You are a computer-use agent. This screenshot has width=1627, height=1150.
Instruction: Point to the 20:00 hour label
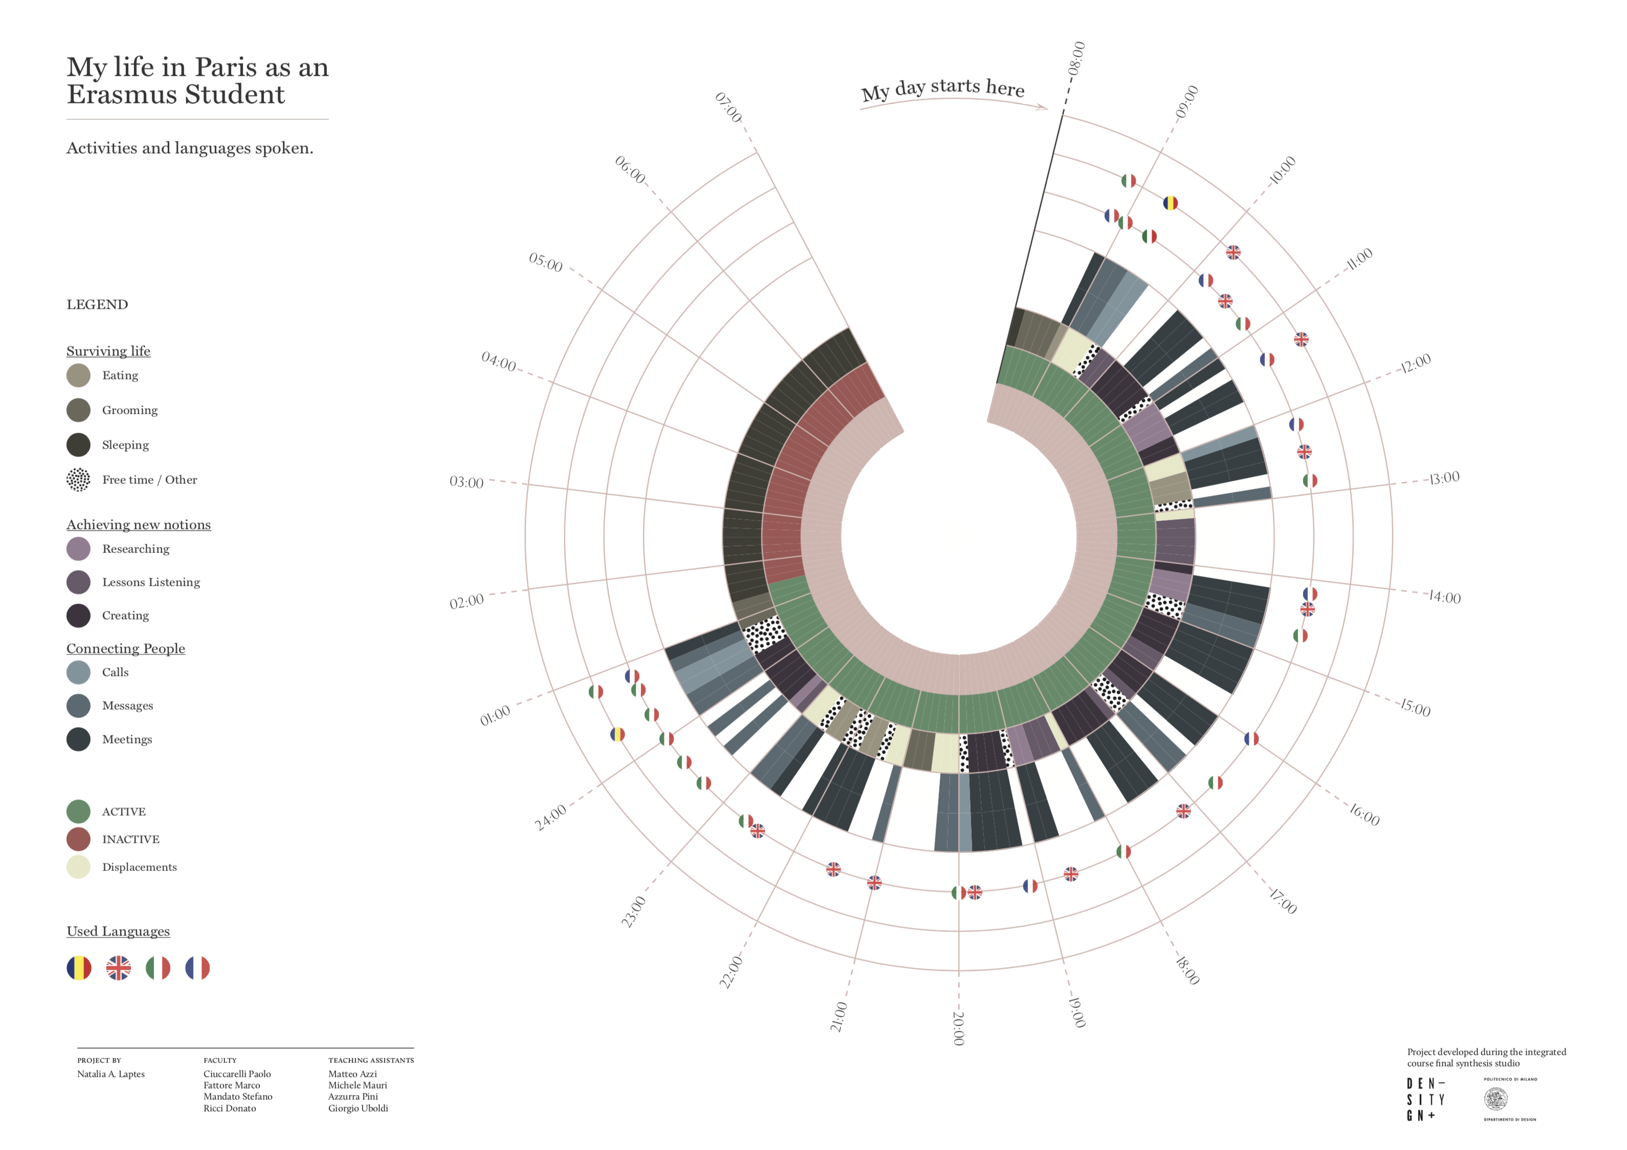[x=958, y=1028]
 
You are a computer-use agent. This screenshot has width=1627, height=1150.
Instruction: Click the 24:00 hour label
[x=550, y=818]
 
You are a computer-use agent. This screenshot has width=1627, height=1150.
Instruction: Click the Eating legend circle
[x=79, y=375]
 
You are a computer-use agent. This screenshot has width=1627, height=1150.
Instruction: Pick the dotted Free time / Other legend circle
[x=79, y=480]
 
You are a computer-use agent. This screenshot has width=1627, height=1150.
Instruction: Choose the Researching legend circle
[x=79, y=549]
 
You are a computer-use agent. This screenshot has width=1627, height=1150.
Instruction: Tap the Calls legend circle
[x=79, y=672]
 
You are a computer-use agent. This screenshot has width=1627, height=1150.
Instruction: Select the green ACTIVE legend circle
[x=79, y=811]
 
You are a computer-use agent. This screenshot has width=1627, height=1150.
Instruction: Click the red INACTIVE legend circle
[x=79, y=839]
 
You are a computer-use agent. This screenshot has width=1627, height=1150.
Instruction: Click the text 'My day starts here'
[x=942, y=89]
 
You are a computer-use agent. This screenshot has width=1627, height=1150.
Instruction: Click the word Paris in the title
[x=225, y=68]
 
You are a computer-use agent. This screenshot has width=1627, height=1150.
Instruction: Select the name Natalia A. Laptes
[x=111, y=1074]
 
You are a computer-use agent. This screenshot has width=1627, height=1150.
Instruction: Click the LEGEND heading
[x=97, y=305]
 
